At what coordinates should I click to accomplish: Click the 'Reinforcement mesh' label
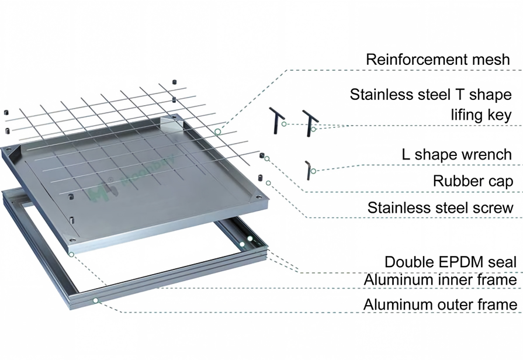438,60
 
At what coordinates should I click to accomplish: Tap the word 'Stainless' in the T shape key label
380,95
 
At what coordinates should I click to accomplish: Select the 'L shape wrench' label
456,154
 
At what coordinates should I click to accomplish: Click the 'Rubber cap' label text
473,181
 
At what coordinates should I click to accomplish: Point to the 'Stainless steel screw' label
440,207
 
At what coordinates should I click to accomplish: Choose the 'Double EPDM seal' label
451,262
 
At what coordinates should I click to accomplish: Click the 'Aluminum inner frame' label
440,279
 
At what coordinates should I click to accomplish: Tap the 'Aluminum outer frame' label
440,304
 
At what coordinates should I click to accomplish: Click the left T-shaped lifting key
277,120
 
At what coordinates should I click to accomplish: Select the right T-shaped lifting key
310,123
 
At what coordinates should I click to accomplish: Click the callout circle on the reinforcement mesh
217,132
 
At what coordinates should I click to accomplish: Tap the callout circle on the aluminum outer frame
96,300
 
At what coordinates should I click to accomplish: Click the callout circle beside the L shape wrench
314,171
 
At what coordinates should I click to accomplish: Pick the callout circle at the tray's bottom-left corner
71,255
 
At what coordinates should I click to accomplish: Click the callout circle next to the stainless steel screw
268,183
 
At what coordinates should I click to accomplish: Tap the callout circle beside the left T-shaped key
284,124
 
